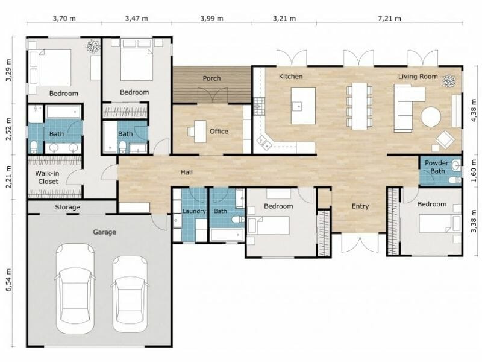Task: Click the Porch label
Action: (211, 78)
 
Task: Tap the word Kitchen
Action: (290, 77)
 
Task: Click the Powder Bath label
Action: (436, 167)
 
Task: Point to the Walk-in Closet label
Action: (48, 177)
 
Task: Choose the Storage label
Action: (67, 208)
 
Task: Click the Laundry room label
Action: (195, 211)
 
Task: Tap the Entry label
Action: (360, 206)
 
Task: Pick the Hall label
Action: (187, 173)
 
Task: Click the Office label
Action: (219, 131)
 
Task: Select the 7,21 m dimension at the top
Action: (389, 19)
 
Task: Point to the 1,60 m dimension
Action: (473, 173)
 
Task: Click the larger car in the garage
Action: (76, 287)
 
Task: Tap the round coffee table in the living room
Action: (430, 116)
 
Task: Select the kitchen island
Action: (303, 106)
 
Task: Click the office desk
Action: (199, 131)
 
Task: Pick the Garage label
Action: (104, 232)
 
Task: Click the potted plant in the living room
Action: (448, 80)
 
